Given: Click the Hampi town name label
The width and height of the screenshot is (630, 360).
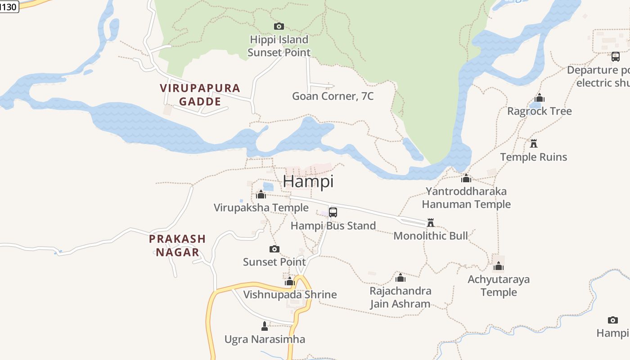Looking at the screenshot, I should (x=308, y=181).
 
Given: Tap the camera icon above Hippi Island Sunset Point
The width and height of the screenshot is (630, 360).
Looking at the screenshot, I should (x=279, y=26).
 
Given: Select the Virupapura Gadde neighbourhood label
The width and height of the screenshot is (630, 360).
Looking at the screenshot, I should (x=200, y=94).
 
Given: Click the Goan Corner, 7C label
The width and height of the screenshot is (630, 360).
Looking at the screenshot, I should (x=333, y=96).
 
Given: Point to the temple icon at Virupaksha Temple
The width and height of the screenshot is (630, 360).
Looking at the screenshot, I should (x=261, y=194).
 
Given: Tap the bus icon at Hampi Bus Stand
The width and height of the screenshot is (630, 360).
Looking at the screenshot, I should (x=333, y=212).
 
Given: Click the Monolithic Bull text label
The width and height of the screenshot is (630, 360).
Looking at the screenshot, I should (x=431, y=236).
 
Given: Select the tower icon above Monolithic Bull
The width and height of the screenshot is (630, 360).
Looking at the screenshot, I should (x=431, y=223).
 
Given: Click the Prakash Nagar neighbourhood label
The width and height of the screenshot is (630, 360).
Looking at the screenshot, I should (x=177, y=245).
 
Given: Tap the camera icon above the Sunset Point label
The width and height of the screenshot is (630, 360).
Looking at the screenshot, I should (x=274, y=249).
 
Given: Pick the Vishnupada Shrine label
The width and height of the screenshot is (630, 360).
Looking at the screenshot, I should (x=290, y=295).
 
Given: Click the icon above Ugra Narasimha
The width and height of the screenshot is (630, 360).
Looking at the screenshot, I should (x=265, y=326).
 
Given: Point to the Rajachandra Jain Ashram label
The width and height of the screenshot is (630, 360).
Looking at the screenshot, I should (x=400, y=297).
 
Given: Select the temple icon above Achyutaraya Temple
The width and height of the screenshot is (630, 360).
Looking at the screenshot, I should (x=498, y=266).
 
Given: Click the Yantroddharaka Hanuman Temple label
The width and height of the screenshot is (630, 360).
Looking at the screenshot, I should (x=466, y=198).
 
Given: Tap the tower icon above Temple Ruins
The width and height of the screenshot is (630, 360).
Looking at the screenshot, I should (x=534, y=144).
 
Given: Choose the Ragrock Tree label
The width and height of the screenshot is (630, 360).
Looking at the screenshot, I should (x=539, y=111).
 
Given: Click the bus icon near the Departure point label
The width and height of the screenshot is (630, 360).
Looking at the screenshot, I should (x=616, y=57).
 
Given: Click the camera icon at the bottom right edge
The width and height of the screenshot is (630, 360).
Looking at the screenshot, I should (x=612, y=320).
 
